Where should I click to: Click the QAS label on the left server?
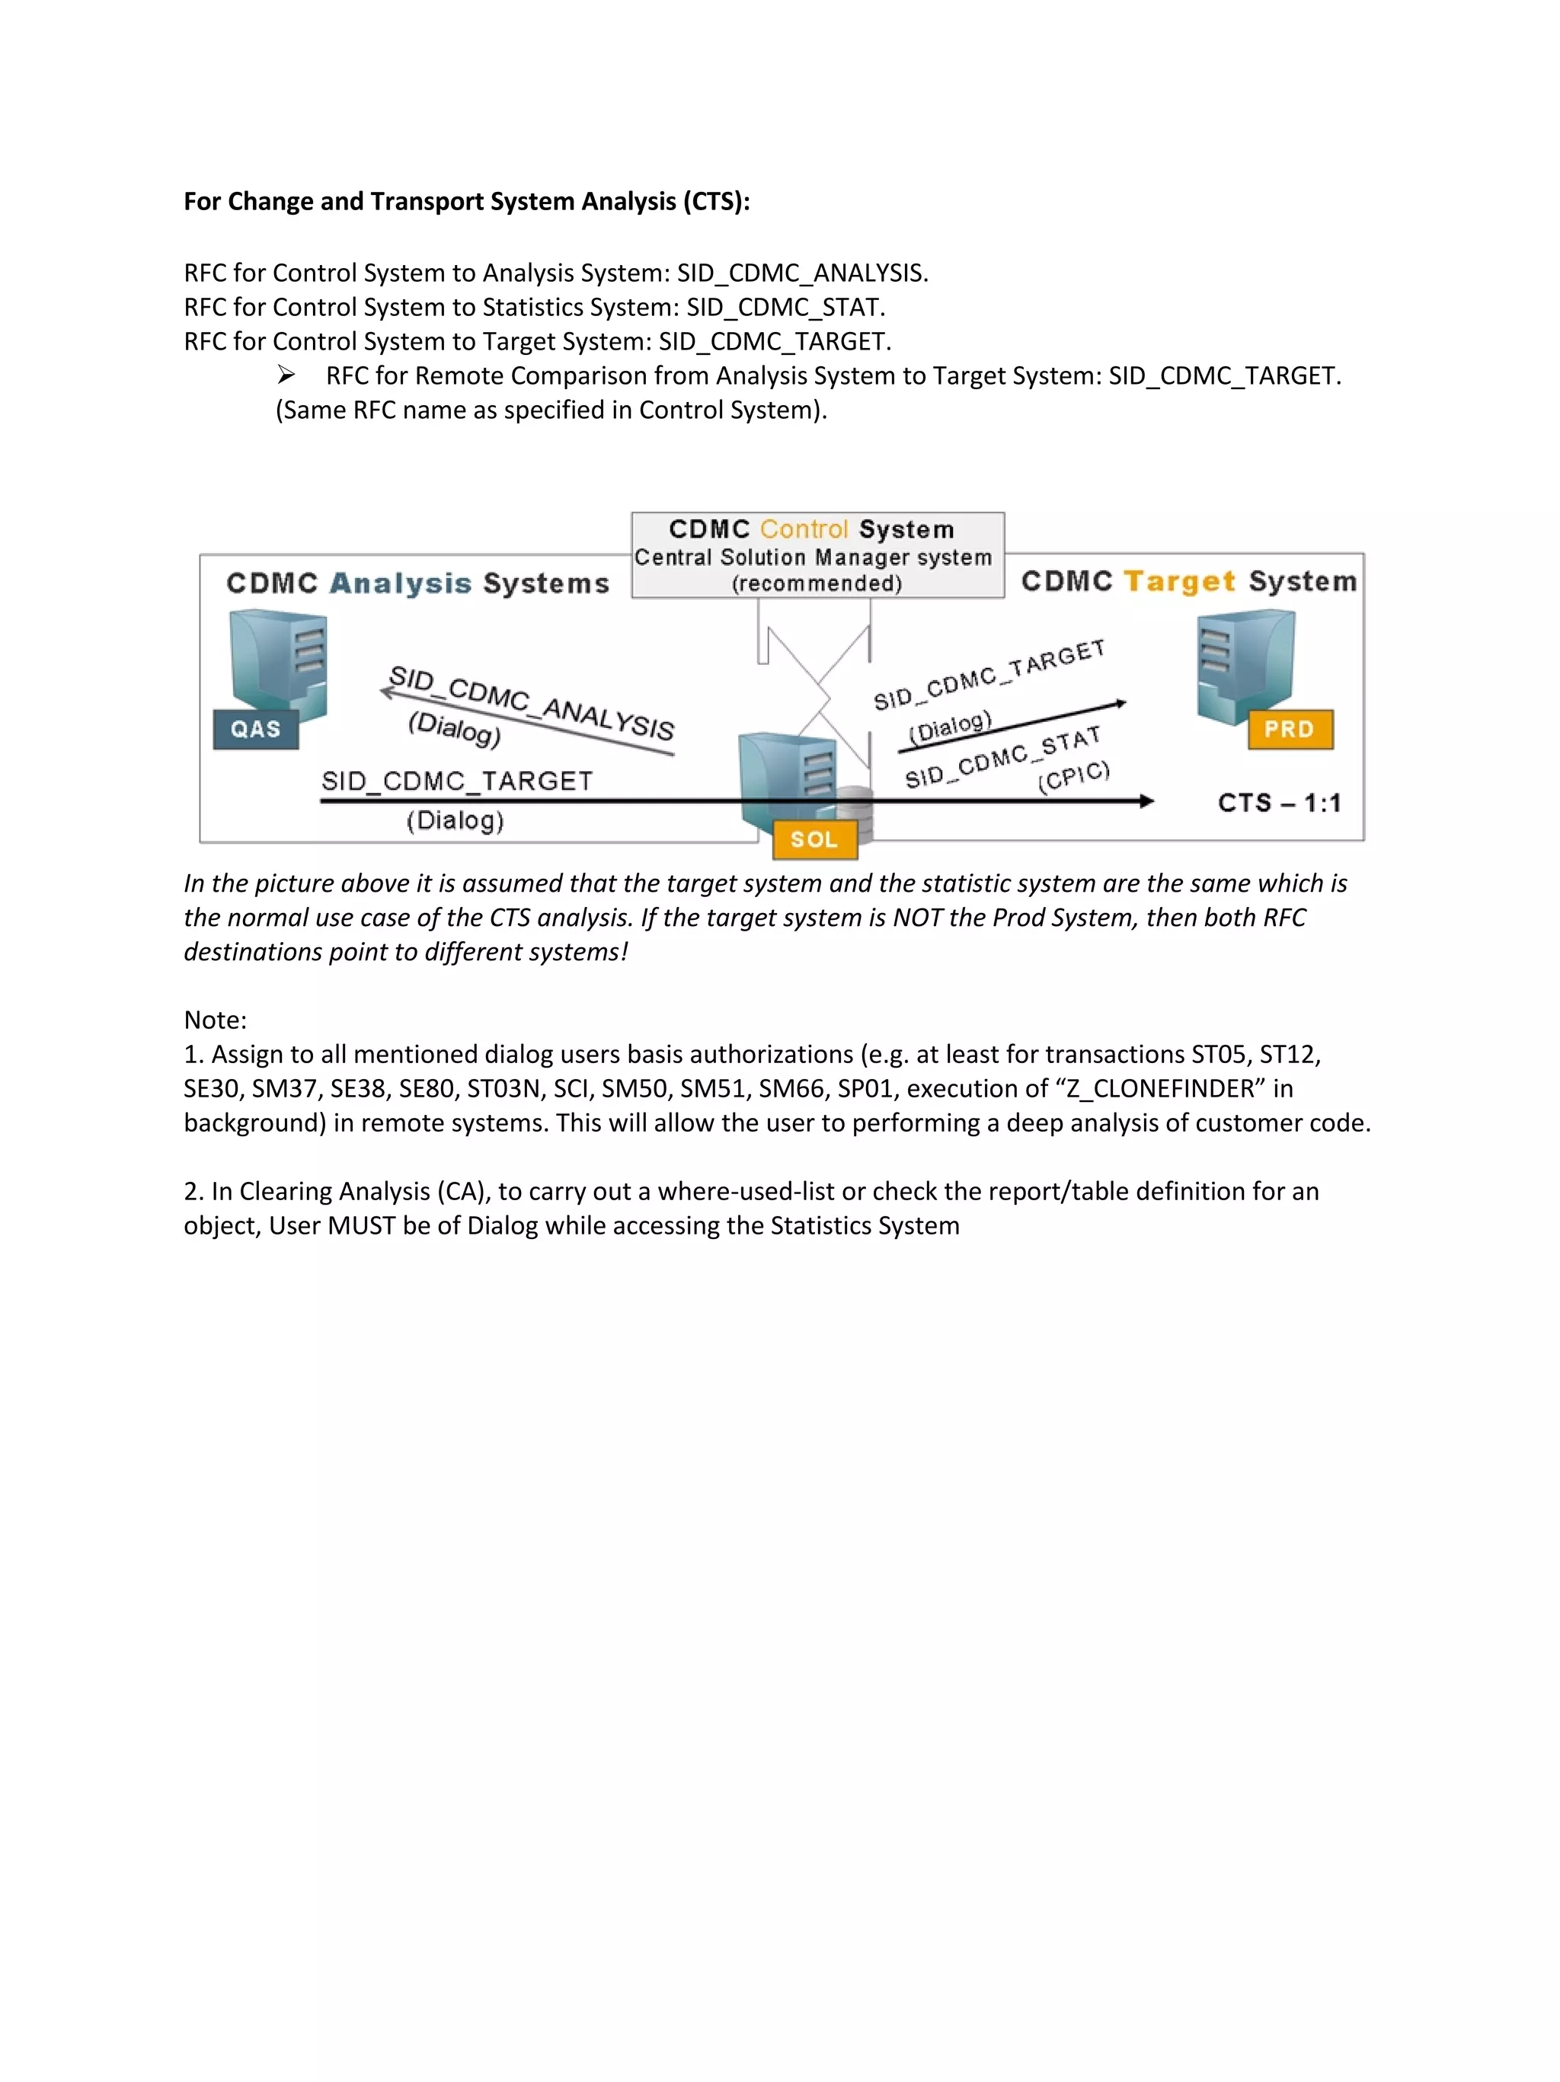pyautogui.click(x=255, y=730)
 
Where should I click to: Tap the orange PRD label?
pyautogui.click(x=1289, y=730)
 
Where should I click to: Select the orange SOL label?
pyautogui.click(x=814, y=839)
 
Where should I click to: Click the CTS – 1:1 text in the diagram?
pyautogui.click(x=1278, y=803)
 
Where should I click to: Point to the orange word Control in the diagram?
pyautogui.click(x=804, y=529)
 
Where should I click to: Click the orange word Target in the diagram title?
pyautogui.click(x=1180, y=582)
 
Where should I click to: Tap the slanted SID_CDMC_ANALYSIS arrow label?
pyautogui.click(x=532, y=703)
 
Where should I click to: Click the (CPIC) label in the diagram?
pyautogui.click(x=1074, y=777)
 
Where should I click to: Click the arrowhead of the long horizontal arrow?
pyautogui.click(x=1146, y=801)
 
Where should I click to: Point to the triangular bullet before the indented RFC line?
pyautogui.click(x=286, y=375)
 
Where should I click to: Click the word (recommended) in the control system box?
pyautogui.click(x=817, y=583)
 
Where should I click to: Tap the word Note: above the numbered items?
pyautogui.click(x=216, y=1020)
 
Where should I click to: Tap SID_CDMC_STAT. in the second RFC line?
pyautogui.click(x=785, y=307)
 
